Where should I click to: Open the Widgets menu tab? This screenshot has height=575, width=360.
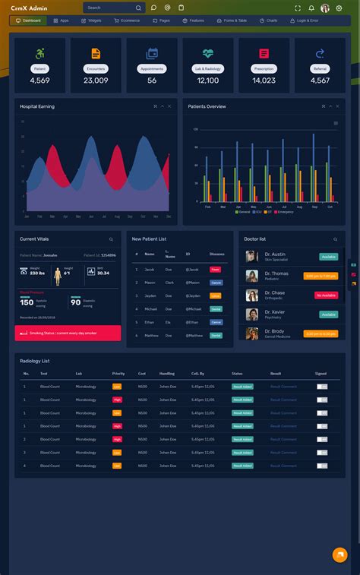pyautogui.click(x=92, y=21)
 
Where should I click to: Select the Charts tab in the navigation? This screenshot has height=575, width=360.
pyautogui.click(x=269, y=21)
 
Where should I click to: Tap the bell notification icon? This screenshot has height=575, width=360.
pyautogui.click(x=311, y=8)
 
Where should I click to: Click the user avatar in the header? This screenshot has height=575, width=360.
pyautogui.click(x=325, y=8)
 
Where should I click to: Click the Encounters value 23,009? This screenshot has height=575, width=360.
pyautogui.click(x=96, y=81)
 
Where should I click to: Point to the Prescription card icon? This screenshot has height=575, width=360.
pyautogui.click(x=264, y=53)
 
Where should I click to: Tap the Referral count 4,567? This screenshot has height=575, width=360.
pyautogui.click(x=320, y=81)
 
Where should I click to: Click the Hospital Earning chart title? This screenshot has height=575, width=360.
pyautogui.click(x=37, y=106)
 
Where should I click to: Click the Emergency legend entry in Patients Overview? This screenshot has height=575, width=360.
pyautogui.click(x=284, y=212)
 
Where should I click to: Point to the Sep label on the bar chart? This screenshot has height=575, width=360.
pyautogui.click(x=312, y=207)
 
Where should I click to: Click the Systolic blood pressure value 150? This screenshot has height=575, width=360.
pyautogui.click(x=27, y=302)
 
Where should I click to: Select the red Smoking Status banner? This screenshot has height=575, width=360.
pyautogui.click(x=68, y=333)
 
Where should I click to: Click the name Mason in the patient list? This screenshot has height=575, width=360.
pyautogui.click(x=150, y=282)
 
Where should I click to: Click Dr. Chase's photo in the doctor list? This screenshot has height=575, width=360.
pyautogui.click(x=251, y=295)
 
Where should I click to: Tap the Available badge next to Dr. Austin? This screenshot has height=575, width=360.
pyautogui.click(x=328, y=257)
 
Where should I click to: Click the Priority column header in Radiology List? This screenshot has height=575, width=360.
pyautogui.click(x=118, y=374)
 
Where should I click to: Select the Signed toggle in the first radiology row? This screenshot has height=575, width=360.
pyautogui.click(x=322, y=387)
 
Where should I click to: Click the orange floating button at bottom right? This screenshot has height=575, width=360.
pyautogui.click(x=339, y=554)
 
